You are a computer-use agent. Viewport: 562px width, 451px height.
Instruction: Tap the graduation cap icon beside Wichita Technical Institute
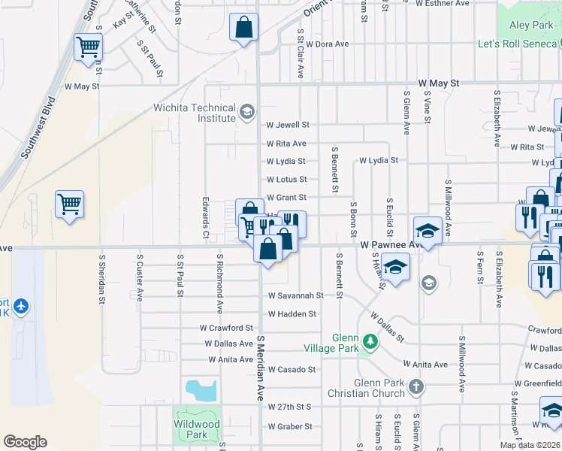(246, 114)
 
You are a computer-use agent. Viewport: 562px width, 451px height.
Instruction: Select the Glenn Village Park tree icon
(369, 342)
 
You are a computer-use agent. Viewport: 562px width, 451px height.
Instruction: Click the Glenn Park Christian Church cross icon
(415, 387)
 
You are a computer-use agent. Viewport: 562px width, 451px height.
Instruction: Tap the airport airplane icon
(21, 306)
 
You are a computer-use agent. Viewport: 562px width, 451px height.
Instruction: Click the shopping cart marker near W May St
(88, 48)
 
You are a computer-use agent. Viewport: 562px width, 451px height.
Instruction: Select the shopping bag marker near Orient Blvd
(243, 29)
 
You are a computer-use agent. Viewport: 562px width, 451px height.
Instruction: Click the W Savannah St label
(295, 296)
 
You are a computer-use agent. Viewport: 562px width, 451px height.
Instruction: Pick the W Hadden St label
(292, 314)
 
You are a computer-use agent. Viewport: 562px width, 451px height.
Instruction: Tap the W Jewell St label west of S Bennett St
(288, 125)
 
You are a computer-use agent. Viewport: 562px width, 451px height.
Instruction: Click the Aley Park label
(531, 26)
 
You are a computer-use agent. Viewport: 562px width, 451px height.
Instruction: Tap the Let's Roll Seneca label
(518, 44)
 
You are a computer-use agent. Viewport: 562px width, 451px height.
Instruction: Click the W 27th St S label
(289, 407)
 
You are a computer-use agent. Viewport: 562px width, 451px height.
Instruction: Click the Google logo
(25, 442)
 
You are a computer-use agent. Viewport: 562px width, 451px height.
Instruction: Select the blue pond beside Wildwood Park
(201, 389)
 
